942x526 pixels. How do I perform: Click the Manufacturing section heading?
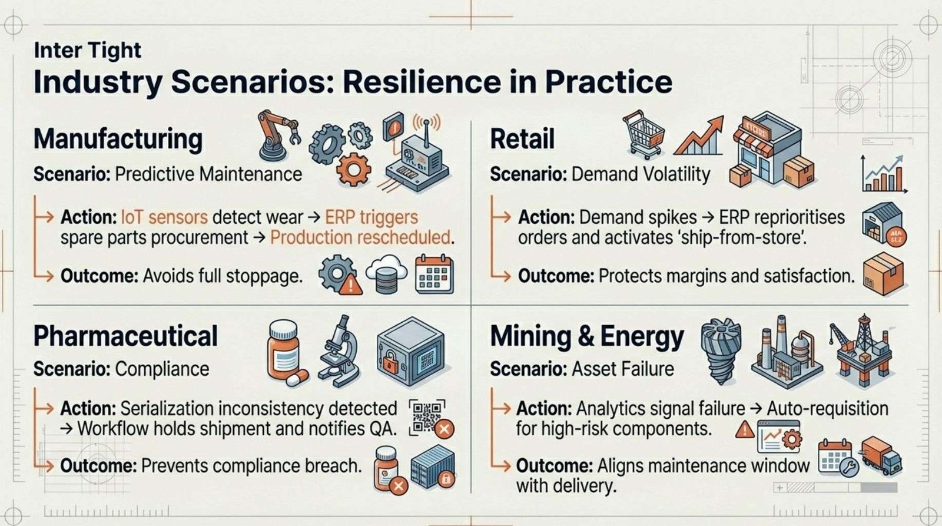[118, 139]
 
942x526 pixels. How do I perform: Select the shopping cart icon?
[643, 134]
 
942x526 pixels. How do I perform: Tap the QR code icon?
[426, 416]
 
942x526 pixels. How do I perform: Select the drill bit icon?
[721, 351]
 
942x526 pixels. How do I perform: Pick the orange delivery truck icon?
[881, 456]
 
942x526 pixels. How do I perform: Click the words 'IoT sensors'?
[164, 217]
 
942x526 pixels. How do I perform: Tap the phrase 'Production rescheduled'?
[360, 238]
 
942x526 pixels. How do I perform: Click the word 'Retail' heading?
[522, 139]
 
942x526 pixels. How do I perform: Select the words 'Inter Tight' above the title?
[88, 51]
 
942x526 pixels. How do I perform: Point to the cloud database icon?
[386, 274]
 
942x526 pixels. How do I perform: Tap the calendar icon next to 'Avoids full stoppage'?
[434, 274]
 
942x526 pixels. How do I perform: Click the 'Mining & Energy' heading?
[587, 337]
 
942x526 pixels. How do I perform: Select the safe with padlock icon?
[410, 352]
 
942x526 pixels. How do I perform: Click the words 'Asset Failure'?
[623, 369]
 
